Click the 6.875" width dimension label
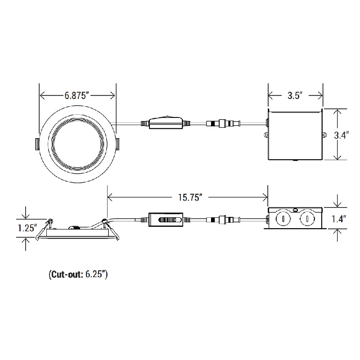point(78,95)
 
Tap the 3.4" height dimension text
point(341,135)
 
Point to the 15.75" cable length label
point(188,197)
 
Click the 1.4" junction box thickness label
point(339,219)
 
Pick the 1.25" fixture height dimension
point(27,228)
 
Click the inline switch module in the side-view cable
point(166,220)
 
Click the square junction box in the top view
point(295,135)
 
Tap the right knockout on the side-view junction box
point(306,219)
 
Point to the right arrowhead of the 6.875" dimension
point(114,95)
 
